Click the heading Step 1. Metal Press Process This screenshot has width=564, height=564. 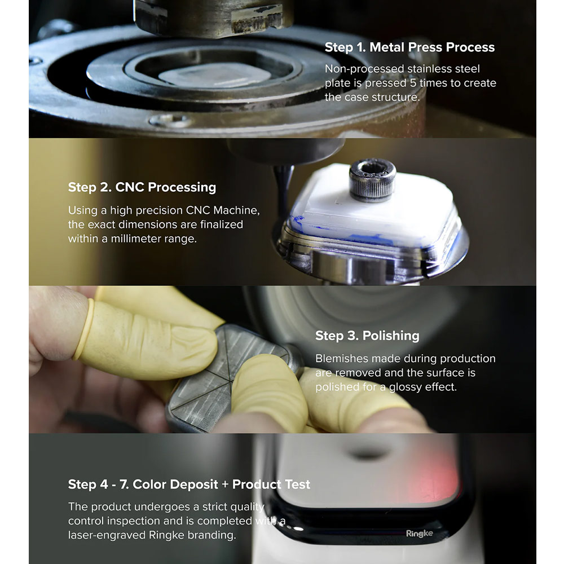409,47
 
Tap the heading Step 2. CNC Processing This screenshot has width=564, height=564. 142,187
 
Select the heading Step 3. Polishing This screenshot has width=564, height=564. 367,336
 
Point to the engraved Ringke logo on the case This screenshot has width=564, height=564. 420,534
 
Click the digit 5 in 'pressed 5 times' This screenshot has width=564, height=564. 413,83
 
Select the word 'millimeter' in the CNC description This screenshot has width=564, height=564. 136,239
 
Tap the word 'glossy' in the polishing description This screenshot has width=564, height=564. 406,387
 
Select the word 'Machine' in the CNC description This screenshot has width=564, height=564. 236,210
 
